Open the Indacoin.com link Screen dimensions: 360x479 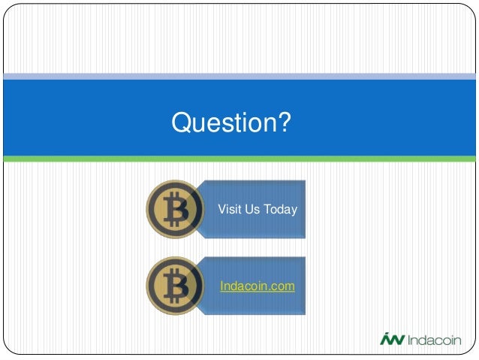[257, 286]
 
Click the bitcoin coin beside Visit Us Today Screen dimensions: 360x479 [174, 209]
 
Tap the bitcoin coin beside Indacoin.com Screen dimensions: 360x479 [174, 286]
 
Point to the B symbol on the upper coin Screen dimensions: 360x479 [176, 209]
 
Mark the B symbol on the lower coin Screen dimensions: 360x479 [176, 286]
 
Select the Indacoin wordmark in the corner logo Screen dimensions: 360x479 [436, 340]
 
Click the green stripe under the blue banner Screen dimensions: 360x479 [239, 159]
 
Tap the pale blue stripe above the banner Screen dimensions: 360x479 [239, 76]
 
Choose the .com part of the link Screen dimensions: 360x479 [282, 286]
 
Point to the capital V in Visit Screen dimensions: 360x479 [221, 209]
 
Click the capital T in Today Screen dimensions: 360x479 [269, 209]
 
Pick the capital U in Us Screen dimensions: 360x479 [249, 209]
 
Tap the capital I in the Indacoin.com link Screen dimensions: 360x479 [221, 286]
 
